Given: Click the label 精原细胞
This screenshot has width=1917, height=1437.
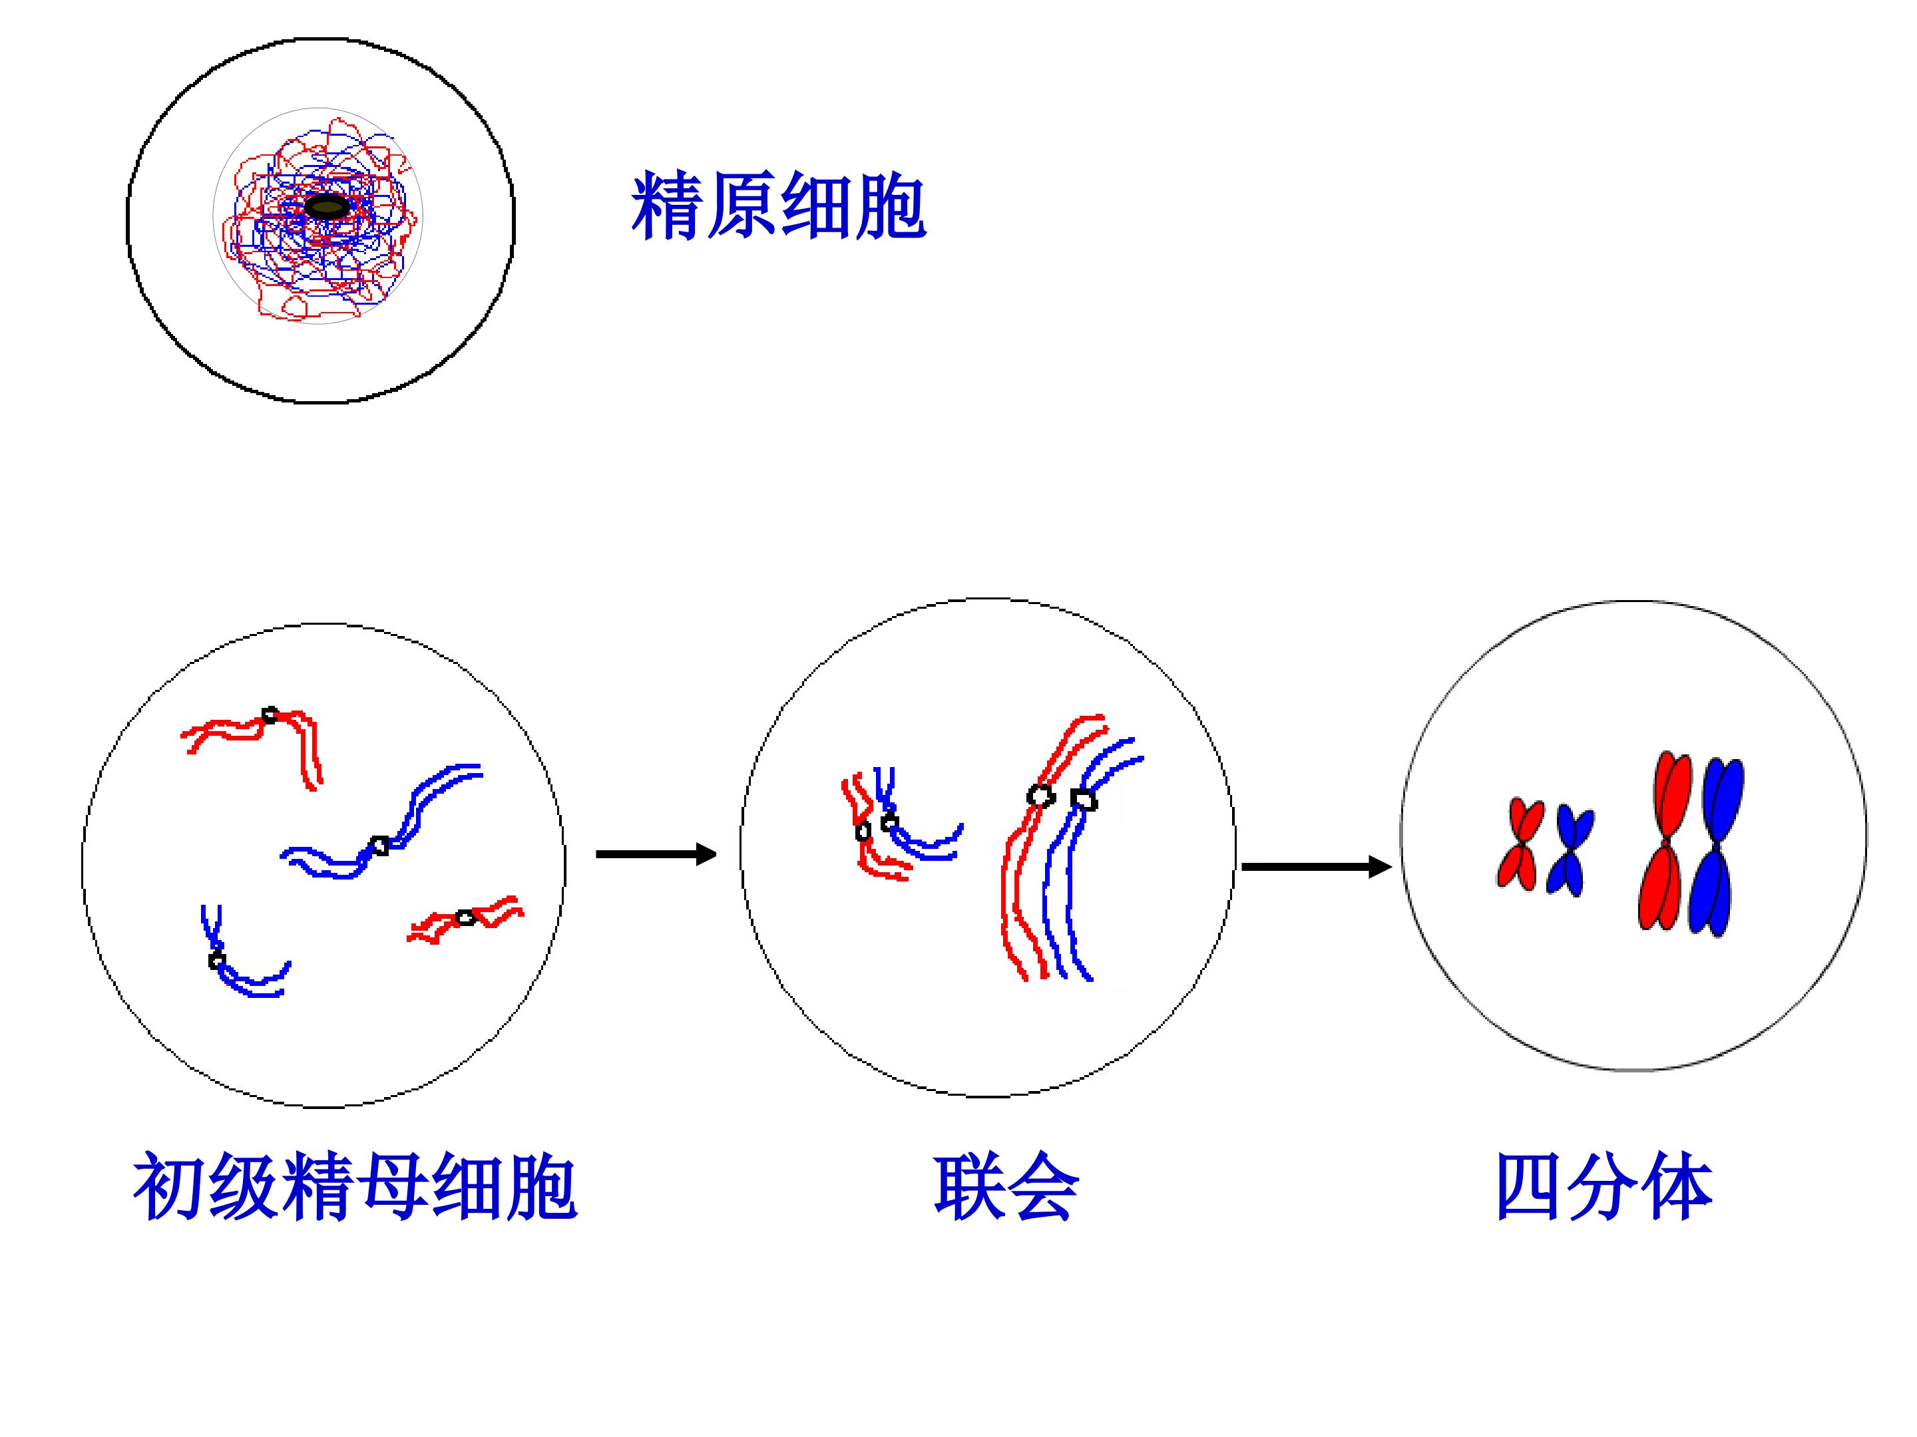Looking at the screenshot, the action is [x=778, y=206].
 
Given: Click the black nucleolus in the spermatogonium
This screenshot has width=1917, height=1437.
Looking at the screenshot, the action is [x=327, y=207].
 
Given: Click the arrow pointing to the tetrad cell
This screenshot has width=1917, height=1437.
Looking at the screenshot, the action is [x=1317, y=866].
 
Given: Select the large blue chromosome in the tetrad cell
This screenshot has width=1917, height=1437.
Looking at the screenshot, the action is [x=1715, y=847].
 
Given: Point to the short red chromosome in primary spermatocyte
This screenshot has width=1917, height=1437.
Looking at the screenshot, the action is [x=465, y=918].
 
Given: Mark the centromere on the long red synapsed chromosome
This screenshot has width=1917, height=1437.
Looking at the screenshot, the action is [x=1041, y=795].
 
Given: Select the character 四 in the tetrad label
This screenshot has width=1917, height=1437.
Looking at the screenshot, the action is [x=1530, y=1187].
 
